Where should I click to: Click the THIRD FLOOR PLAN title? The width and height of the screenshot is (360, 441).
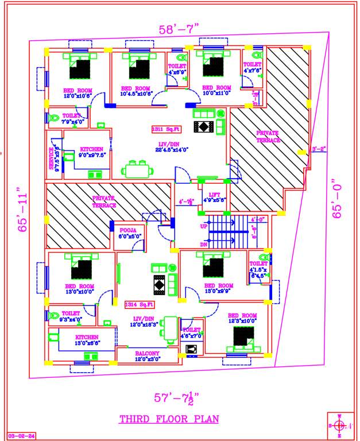[x=169, y=419]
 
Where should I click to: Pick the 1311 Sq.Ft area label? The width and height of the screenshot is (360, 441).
[x=165, y=129]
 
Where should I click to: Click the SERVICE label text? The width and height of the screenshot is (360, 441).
[x=51, y=158]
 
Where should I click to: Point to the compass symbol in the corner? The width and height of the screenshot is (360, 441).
[x=340, y=425]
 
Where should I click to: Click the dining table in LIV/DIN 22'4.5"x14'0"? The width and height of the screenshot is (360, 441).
[x=138, y=170]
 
